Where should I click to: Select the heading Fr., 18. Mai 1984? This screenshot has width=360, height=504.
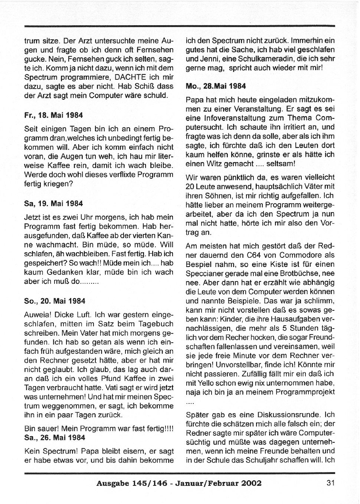pyautogui.click(x=53, y=115)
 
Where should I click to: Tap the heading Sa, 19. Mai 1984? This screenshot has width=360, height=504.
pyautogui.click(x=53, y=204)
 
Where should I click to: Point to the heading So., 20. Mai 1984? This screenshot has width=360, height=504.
pyautogui.click(x=55, y=301)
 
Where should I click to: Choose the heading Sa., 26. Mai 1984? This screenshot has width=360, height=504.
pyautogui.click(x=55, y=437)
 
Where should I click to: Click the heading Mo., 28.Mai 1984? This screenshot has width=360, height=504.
pyautogui.click(x=216, y=86)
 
